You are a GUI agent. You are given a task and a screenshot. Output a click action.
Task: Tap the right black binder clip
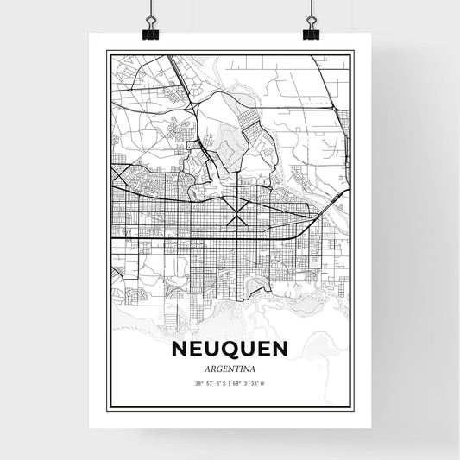tap(311, 31)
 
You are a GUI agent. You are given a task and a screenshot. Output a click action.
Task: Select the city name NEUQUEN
tap(230, 349)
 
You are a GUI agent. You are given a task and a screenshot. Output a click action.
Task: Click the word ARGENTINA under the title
tap(230, 369)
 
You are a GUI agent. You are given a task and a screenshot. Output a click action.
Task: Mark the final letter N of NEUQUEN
tap(280, 349)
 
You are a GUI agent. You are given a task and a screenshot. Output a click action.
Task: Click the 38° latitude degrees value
tap(198, 383)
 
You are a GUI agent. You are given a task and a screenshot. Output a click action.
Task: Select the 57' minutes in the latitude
tap(209, 383)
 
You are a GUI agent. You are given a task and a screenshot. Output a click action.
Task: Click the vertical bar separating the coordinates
tap(230, 383)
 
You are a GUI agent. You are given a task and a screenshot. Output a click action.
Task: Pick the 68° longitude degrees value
tap(237, 383)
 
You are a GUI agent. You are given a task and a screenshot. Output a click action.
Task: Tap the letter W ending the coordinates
tap(262, 383)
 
